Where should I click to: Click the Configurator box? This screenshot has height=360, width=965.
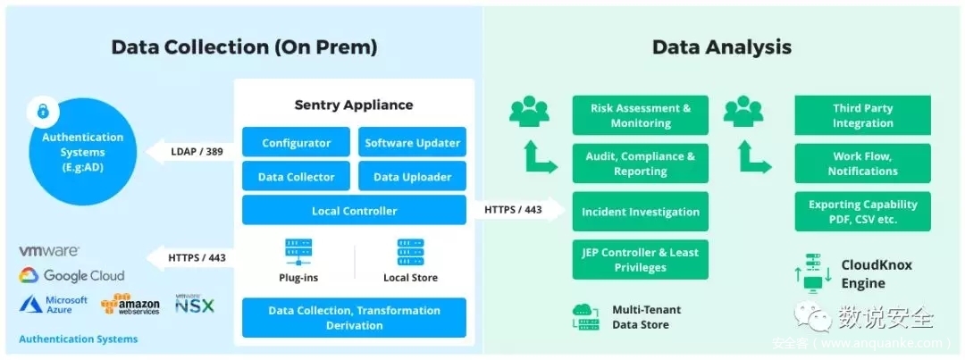[296, 143]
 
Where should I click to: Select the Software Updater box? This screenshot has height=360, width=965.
[412, 143]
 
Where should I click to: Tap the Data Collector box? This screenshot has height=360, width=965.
[296, 177]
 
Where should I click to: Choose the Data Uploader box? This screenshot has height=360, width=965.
[412, 177]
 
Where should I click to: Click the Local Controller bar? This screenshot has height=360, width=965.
[354, 211]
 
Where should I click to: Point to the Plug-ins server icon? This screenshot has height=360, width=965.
[298, 252]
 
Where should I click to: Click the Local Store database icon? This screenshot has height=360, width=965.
[410, 252]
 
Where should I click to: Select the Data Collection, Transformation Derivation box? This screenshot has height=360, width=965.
[354, 318]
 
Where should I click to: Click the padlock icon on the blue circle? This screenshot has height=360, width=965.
[42, 112]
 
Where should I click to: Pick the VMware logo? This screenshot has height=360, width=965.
[49, 252]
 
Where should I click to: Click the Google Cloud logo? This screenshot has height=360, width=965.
[71, 276]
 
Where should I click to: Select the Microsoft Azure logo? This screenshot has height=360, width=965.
[54, 305]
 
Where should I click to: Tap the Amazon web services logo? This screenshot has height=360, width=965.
[130, 305]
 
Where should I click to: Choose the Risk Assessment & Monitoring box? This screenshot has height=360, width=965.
[640, 115]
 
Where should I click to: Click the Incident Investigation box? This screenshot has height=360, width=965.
[640, 212]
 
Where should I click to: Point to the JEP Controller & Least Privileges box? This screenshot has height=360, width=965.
[640, 260]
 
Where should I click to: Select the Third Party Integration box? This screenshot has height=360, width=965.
[862, 115]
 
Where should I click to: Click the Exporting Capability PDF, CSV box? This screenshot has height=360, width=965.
[862, 212]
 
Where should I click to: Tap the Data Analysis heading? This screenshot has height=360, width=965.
[721, 46]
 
